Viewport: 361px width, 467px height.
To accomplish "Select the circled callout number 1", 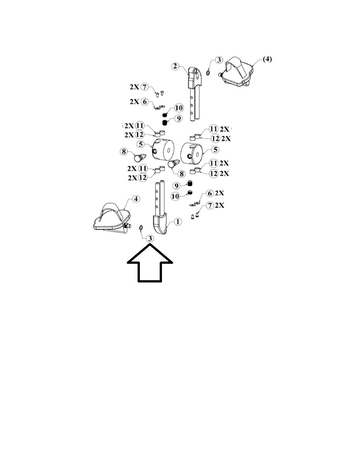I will click(x=178, y=222).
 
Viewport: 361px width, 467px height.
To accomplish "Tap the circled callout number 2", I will click(x=175, y=66).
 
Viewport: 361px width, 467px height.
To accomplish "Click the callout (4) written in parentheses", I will click(x=267, y=59).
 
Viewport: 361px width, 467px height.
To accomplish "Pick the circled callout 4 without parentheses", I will click(x=136, y=199).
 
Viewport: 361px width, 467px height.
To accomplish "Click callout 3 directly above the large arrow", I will click(x=150, y=238).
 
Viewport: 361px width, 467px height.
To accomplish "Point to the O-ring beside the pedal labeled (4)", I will click(x=208, y=72).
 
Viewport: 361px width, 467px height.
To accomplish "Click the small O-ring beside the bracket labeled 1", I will click(x=141, y=227).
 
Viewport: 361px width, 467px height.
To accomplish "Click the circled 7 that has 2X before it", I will click(x=145, y=87).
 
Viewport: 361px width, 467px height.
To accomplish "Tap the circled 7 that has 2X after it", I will click(x=210, y=205).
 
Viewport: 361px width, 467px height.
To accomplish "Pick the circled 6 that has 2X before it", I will click(x=144, y=102).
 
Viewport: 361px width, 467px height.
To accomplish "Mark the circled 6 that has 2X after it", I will click(x=210, y=194).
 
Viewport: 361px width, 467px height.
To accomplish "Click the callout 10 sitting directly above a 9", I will click(x=179, y=108).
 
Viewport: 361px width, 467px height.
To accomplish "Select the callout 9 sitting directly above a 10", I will click(x=176, y=186).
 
